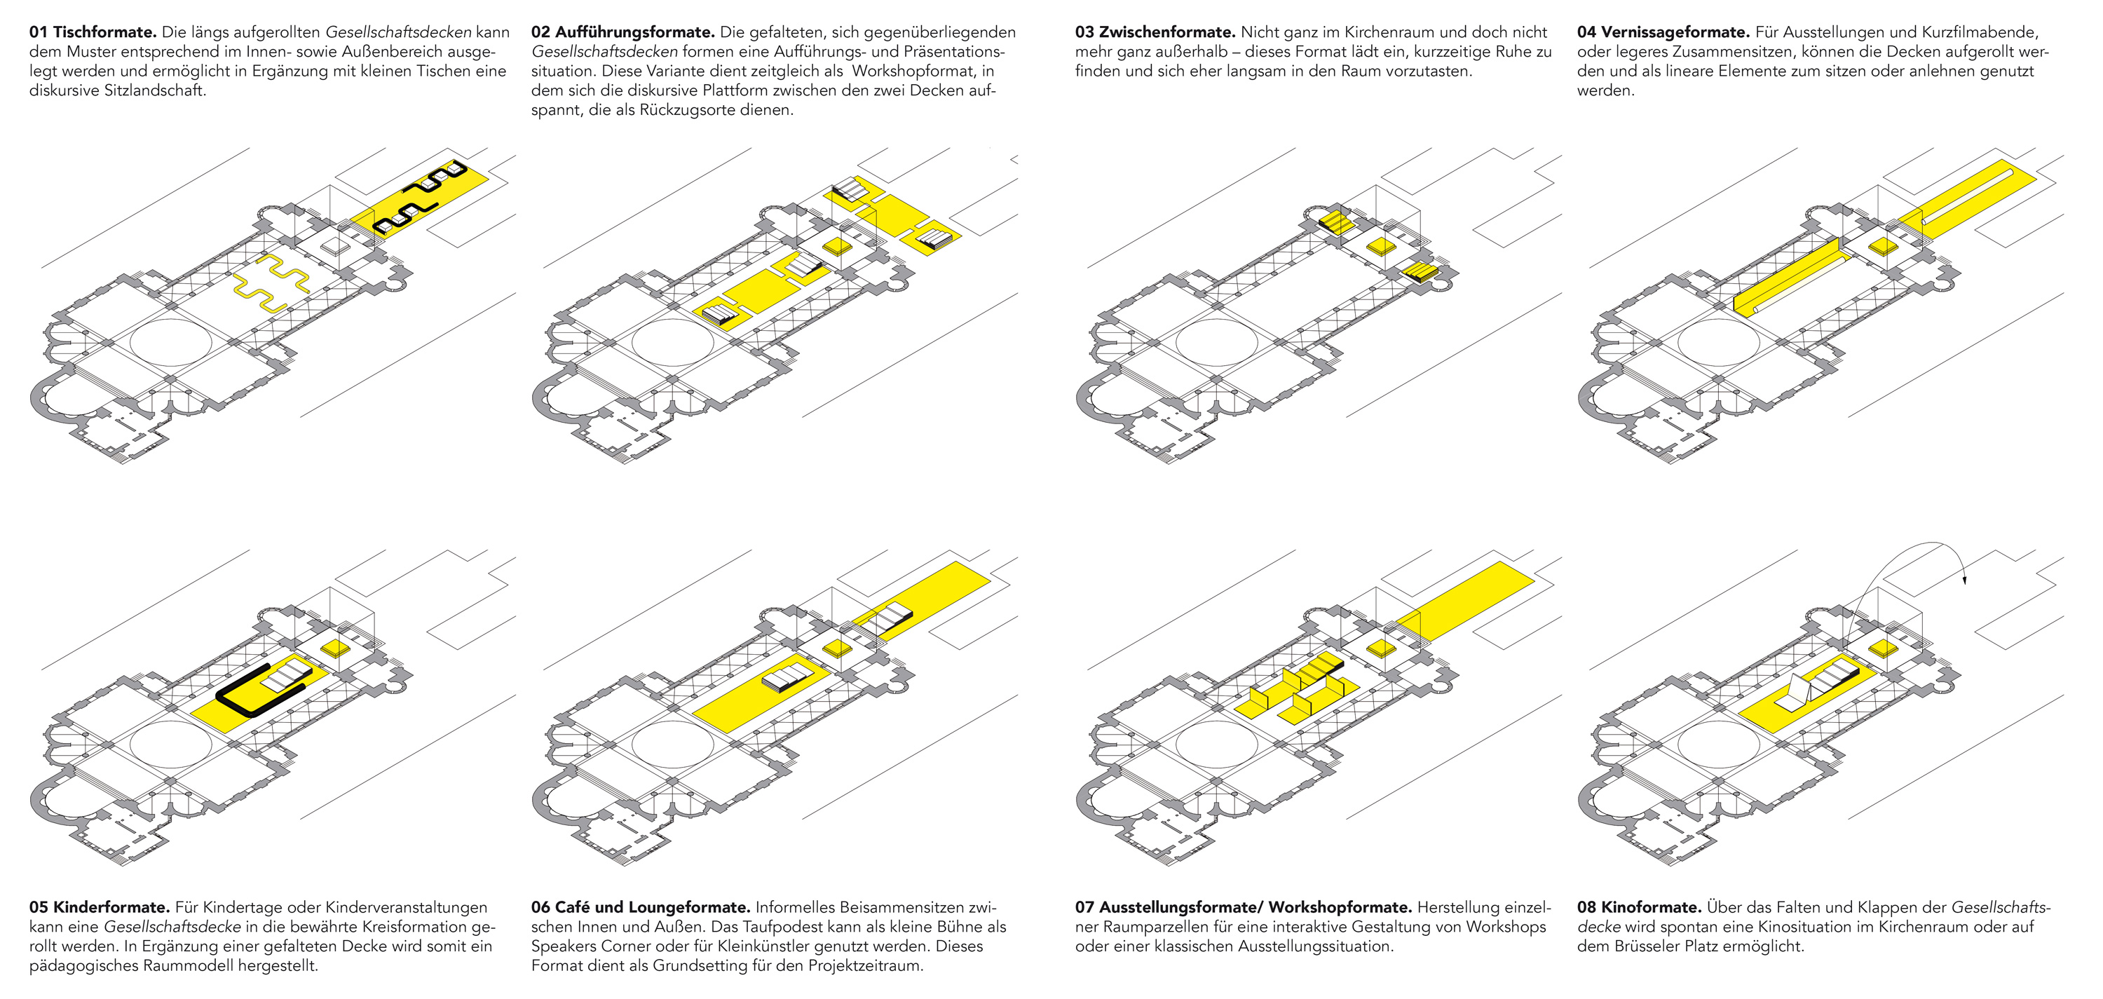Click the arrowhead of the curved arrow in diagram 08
(x=1964, y=580)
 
